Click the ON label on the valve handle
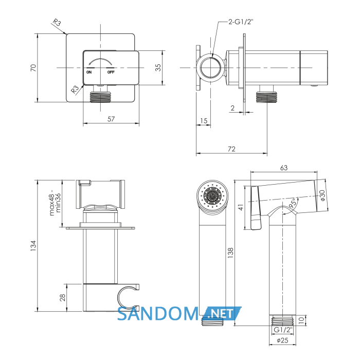(x=89, y=72)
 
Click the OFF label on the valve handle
(x=111, y=72)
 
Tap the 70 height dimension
(x=33, y=68)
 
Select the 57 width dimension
(x=111, y=119)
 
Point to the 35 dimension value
(x=158, y=67)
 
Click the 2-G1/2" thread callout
(x=241, y=22)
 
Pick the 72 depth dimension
(x=231, y=149)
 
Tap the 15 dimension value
(x=204, y=120)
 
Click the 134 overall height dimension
(x=33, y=246)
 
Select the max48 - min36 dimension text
(x=55, y=203)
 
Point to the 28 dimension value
(x=62, y=298)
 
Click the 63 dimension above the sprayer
(x=284, y=168)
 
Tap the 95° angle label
(x=293, y=204)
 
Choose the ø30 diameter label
(x=322, y=195)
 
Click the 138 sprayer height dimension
(x=230, y=253)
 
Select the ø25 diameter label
(x=282, y=340)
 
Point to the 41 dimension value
(x=241, y=207)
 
